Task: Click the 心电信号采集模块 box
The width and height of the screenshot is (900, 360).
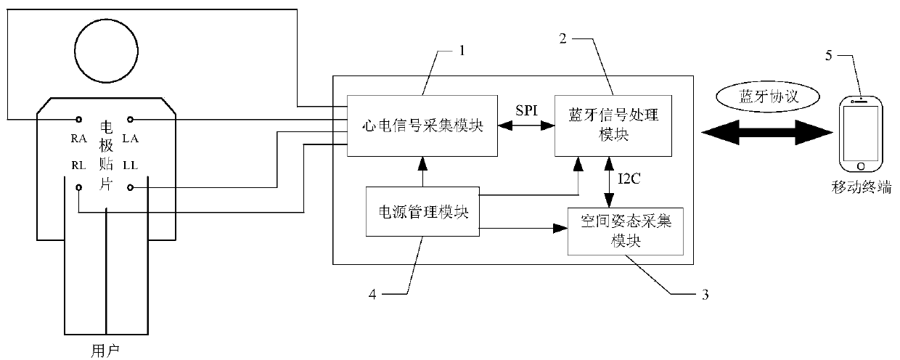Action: click(x=422, y=125)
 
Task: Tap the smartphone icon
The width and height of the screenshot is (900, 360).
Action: click(x=862, y=137)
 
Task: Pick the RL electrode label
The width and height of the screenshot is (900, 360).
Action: click(x=78, y=165)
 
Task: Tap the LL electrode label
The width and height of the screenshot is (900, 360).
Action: click(x=131, y=165)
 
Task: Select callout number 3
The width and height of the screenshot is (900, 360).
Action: click(x=703, y=295)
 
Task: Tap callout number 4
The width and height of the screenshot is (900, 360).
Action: click(x=374, y=295)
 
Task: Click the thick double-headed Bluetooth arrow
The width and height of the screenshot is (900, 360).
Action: click(x=767, y=132)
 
